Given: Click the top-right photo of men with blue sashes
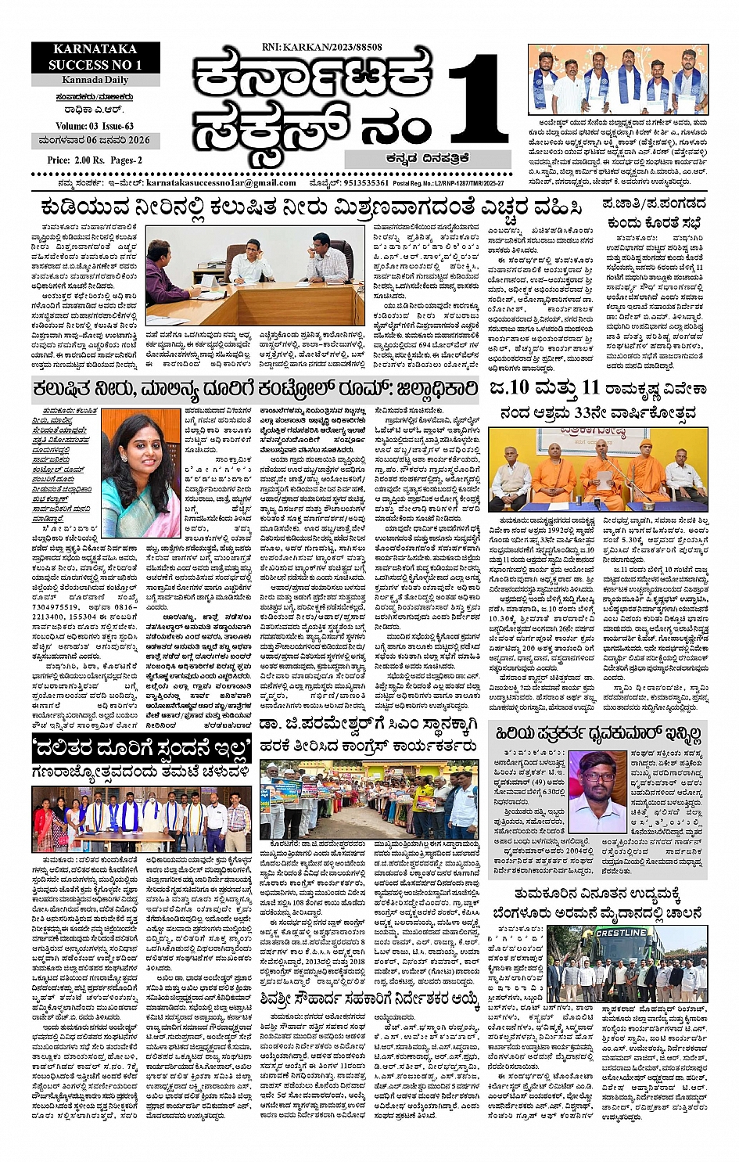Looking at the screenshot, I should click(x=617, y=81).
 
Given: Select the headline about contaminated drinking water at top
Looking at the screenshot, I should click(x=311, y=208).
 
